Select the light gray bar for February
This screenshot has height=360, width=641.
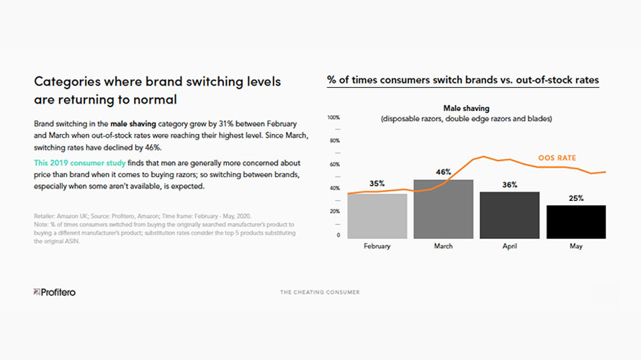(x=377, y=216)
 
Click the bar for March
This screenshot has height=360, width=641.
(x=443, y=209)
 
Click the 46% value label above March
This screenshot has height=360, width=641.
(x=443, y=172)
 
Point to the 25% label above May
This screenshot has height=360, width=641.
(x=575, y=198)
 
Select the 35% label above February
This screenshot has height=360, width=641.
(x=377, y=184)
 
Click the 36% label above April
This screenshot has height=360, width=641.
(x=509, y=185)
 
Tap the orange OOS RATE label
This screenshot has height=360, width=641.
(x=557, y=158)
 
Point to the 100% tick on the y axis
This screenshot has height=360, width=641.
(x=333, y=117)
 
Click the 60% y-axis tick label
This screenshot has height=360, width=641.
(x=333, y=164)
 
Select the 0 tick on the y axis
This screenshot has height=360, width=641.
(x=338, y=235)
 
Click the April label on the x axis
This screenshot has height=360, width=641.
(x=509, y=246)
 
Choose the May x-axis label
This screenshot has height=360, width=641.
(x=575, y=246)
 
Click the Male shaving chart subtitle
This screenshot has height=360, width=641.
(x=466, y=109)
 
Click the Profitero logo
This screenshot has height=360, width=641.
(x=55, y=292)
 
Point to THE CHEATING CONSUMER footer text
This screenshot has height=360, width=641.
(x=320, y=292)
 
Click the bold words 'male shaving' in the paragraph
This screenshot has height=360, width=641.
(x=133, y=124)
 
